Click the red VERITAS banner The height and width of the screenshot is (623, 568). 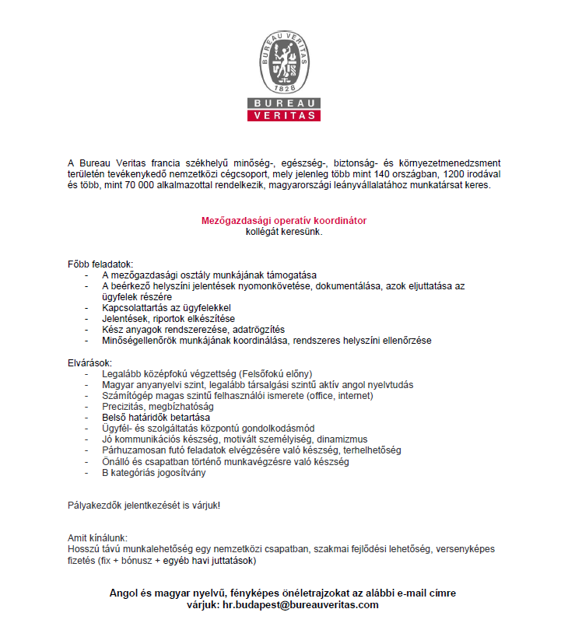tap(284, 116)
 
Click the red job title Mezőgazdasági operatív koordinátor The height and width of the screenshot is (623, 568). tap(284, 221)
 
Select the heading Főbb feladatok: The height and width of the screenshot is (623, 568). tap(101, 265)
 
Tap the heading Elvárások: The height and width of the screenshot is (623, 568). tap(90, 363)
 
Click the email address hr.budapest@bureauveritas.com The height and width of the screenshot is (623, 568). tap(300, 604)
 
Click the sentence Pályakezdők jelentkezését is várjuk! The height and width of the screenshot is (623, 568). tap(144, 506)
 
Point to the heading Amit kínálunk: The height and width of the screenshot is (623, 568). tap(97, 538)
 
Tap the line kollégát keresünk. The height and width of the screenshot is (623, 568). tap(284, 232)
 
